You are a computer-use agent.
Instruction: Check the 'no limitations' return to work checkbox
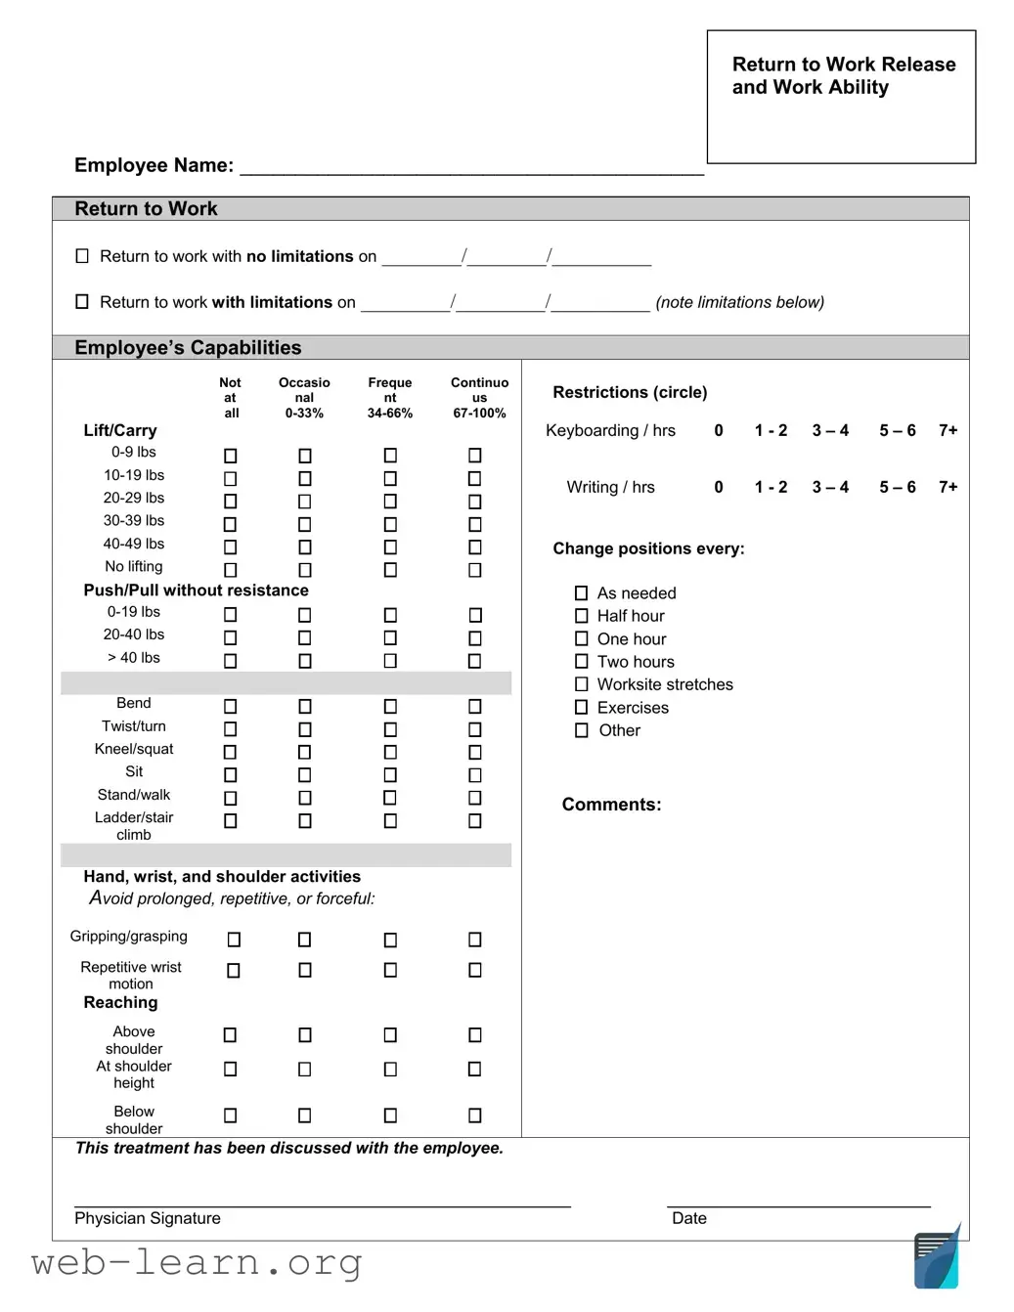point(82,256)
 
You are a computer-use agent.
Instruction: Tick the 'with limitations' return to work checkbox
point(82,302)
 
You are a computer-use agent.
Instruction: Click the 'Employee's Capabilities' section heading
point(188,348)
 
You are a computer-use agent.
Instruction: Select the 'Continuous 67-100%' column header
point(479,398)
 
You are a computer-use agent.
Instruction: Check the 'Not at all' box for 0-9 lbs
point(231,456)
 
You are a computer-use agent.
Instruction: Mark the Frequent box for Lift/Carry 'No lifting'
point(390,570)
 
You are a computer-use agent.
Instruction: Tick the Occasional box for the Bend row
point(305,706)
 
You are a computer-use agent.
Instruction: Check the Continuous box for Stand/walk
point(475,798)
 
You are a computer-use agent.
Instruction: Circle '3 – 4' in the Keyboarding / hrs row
point(830,430)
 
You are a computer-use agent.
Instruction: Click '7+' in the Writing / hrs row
point(948,487)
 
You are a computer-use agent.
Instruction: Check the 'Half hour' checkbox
point(582,616)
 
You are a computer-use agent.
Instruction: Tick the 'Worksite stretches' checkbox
point(582,684)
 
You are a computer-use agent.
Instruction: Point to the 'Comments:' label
point(611,805)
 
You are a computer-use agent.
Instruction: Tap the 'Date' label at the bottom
point(688,1218)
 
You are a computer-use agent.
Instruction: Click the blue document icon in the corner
point(937,1259)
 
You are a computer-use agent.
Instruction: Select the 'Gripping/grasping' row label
point(128,937)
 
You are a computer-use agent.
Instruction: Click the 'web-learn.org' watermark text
point(197,1263)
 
